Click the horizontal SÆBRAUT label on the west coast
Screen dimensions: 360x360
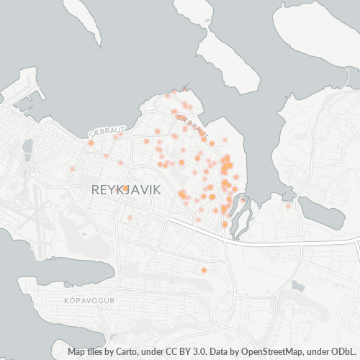[x=101, y=133]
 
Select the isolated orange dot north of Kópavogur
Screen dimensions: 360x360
[x=204, y=270]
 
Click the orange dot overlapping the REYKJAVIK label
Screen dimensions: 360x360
[x=125, y=189]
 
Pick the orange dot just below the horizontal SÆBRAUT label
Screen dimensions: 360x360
[x=91, y=143]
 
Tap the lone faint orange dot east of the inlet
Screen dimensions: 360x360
[x=288, y=207]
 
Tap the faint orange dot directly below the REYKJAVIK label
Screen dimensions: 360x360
[x=130, y=217]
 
